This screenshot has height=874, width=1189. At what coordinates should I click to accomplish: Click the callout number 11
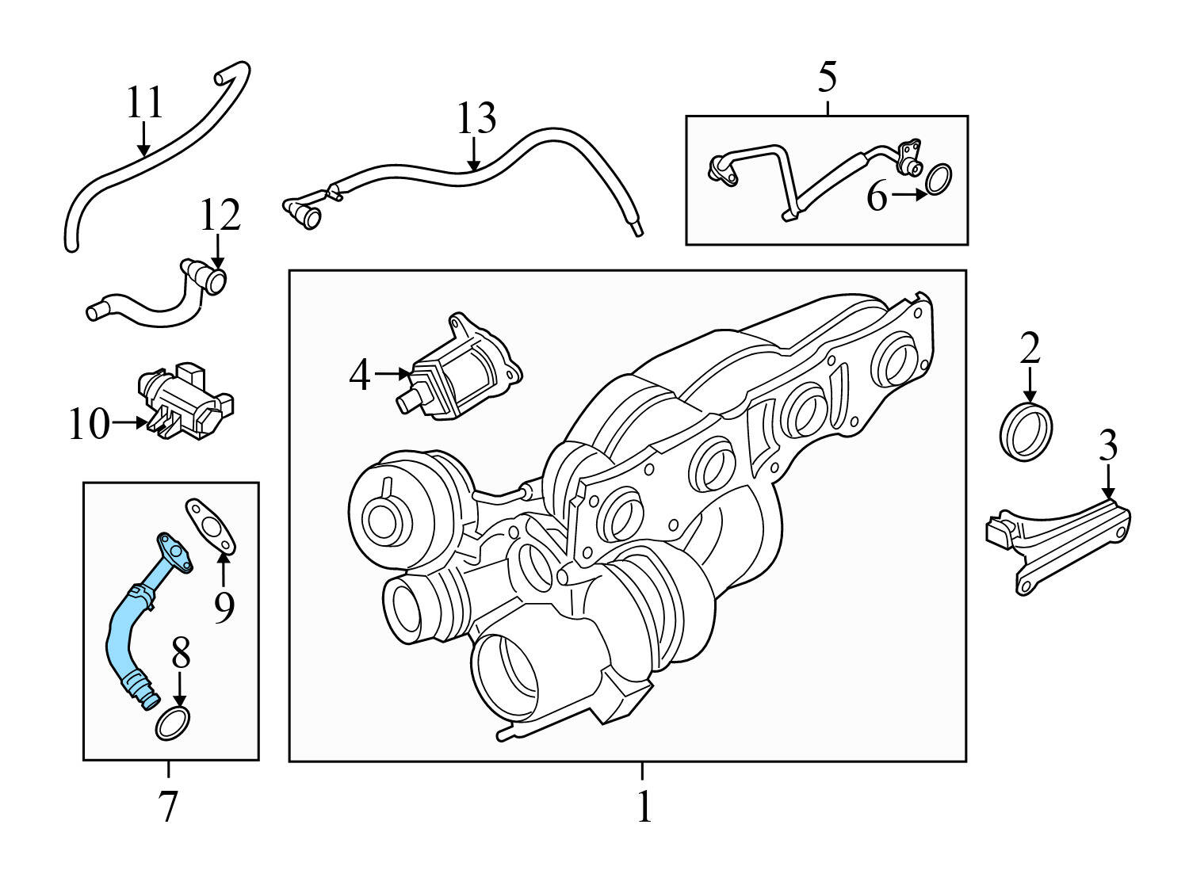pyautogui.click(x=145, y=103)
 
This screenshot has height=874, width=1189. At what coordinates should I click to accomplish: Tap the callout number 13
pyautogui.click(x=476, y=118)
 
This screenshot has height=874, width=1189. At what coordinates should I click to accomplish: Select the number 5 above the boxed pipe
pyautogui.click(x=827, y=78)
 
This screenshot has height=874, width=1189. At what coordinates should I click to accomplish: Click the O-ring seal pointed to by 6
pyautogui.click(x=939, y=179)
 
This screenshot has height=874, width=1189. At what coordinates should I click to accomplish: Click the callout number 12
pyautogui.click(x=220, y=215)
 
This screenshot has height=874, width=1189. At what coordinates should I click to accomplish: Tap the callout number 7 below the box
pyautogui.click(x=167, y=807)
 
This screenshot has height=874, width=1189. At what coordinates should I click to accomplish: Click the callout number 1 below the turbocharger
pyautogui.click(x=644, y=807)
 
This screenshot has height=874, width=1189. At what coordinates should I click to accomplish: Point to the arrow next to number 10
pyautogui.click(x=129, y=423)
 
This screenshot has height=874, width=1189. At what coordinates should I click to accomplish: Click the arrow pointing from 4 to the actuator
pyautogui.click(x=392, y=372)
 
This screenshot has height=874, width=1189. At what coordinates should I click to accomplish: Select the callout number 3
pyautogui.click(x=1107, y=445)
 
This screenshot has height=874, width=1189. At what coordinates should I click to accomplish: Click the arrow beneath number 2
pyautogui.click(x=1029, y=387)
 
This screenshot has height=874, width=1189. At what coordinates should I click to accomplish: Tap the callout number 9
pyautogui.click(x=224, y=607)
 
